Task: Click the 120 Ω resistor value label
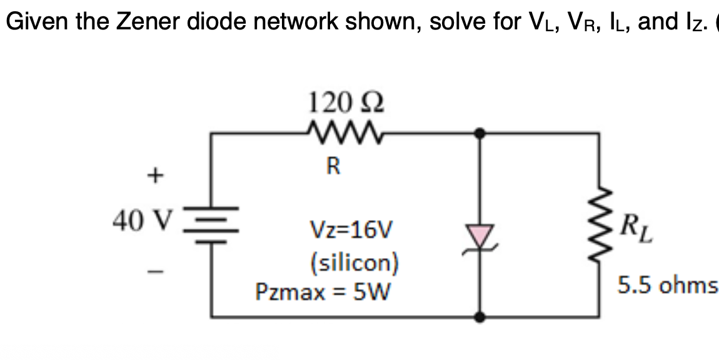click(x=346, y=101)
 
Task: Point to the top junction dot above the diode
click(x=480, y=132)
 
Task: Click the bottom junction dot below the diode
click(x=480, y=317)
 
